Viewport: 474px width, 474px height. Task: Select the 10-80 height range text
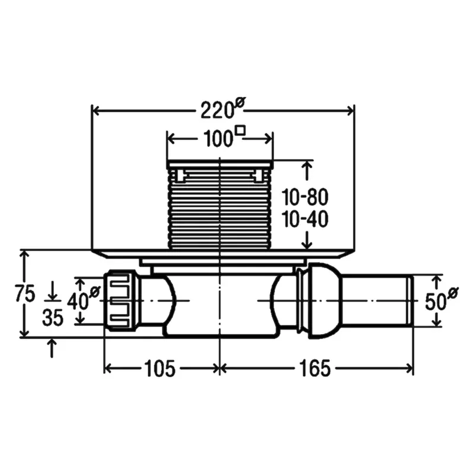305,197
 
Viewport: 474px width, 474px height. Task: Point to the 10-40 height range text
305,219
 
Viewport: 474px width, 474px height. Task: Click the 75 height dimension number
25,293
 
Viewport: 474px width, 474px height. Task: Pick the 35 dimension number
53,318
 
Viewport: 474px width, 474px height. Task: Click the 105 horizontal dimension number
160,369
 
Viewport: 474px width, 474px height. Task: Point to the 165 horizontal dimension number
315,369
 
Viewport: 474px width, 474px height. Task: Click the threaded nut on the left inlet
121,300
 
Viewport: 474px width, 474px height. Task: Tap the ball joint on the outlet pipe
324,300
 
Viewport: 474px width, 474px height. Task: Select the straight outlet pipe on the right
377,300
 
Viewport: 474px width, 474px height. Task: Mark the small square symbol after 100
241,130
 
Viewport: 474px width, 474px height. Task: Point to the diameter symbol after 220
240,101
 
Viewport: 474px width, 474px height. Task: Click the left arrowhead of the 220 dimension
95,111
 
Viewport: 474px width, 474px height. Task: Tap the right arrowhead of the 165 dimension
409,369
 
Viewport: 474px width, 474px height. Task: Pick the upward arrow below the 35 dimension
52,348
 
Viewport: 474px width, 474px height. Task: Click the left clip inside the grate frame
180,176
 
